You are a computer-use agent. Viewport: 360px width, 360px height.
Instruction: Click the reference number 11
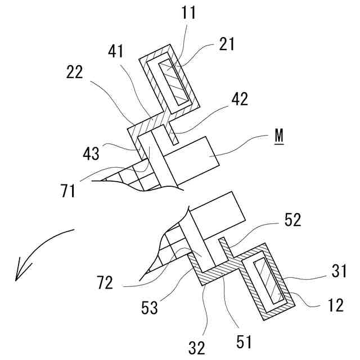click(x=190, y=13)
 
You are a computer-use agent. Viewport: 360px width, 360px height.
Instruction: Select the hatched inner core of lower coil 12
click(x=268, y=285)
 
